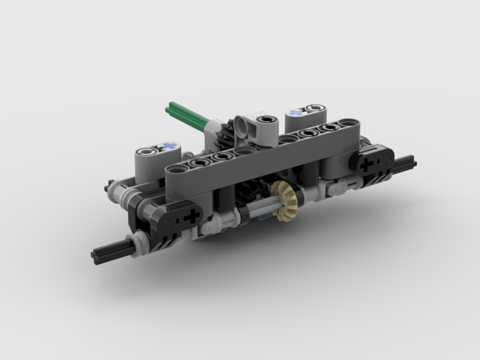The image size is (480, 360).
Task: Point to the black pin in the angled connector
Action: [x=265, y=121]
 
